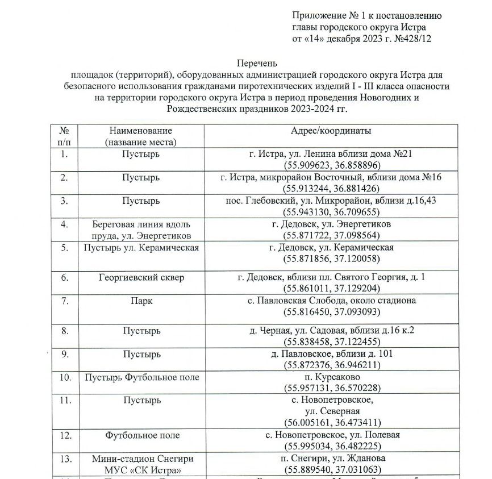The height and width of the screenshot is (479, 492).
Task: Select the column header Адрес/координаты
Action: coord(331,131)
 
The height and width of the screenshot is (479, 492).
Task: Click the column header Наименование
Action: coord(141,131)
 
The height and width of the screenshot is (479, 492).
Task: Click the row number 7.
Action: coord(65,301)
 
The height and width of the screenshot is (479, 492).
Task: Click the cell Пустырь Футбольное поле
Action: coord(142,377)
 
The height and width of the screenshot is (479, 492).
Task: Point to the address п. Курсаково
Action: coord(331,377)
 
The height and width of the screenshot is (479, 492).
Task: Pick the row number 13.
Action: coord(65,459)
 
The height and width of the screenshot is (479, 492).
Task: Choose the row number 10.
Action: coord(65,377)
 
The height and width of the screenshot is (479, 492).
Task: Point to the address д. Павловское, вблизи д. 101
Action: coord(331,354)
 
